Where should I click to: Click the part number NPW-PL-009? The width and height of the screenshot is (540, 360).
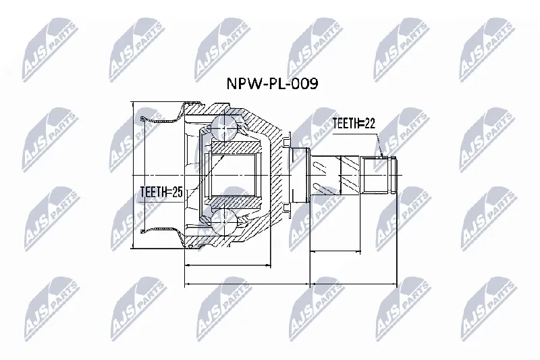point(272,83)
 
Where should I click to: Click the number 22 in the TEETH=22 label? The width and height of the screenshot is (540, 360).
point(369,124)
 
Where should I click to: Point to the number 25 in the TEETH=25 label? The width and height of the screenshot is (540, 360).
point(177,192)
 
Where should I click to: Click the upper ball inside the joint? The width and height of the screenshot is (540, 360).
point(223,127)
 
